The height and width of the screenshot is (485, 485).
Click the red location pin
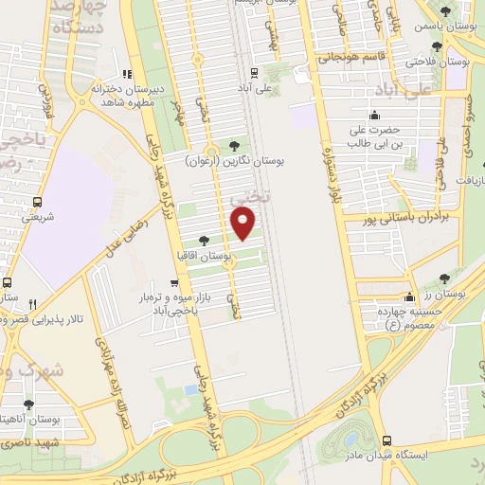[x=244, y=224]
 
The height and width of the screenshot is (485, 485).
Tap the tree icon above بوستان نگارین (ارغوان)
[x=234, y=145]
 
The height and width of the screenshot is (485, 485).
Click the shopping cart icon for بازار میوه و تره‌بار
[x=173, y=282]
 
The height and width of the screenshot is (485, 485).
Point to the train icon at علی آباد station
[x=254, y=72]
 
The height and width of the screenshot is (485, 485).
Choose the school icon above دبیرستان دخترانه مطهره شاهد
[x=126, y=73]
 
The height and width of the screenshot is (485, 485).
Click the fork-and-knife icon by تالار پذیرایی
[x=32, y=304]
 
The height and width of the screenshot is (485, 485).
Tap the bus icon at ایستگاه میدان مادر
[x=386, y=440]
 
